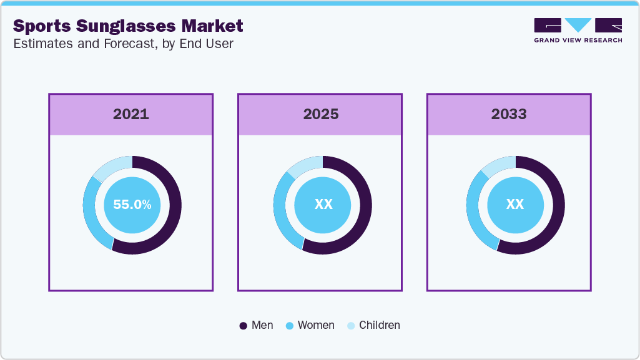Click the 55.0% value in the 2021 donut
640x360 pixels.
pyautogui.click(x=132, y=204)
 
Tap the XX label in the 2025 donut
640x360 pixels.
pyautogui.click(x=323, y=204)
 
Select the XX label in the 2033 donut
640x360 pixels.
pyautogui.click(x=515, y=204)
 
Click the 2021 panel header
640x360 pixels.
pyautogui.click(x=131, y=114)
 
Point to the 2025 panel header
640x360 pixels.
pyautogui.click(x=320, y=114)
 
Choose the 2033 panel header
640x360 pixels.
pyautogui.click(x=509, y=114)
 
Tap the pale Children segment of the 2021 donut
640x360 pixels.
pyautogui.click(x=111, y=165)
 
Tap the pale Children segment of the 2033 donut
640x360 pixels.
pyautogui.click(x=498, y=163)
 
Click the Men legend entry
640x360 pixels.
pyautogui.click(x=257, y=325)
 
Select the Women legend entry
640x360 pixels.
pyautogui.click(x=310, y=325)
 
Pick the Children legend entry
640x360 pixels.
pyautogui.click(x=373, y=325)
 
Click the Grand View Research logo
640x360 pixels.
pyautogui.click(x=578, y=30)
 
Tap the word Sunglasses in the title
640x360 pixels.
pyautogui.click(x=126, y=26)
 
